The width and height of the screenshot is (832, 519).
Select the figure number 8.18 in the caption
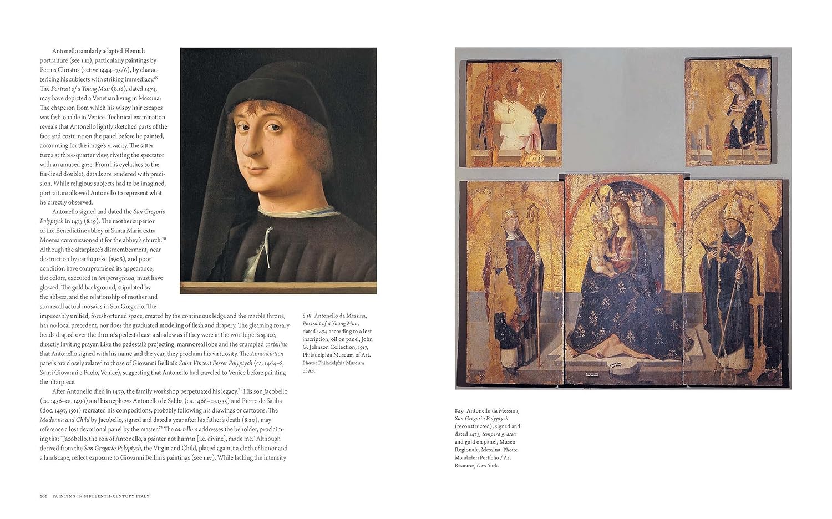click(307, 316)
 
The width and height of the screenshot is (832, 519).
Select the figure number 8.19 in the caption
click(459, 411)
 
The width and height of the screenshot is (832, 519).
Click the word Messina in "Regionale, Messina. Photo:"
click(490, 450)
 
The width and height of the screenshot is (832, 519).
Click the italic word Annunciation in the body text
click(267, 354)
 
